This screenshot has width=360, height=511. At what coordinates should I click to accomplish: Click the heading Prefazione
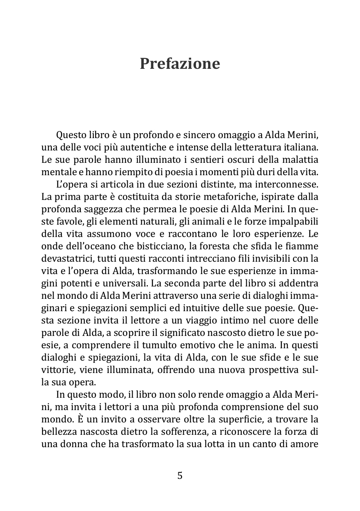point(180,64)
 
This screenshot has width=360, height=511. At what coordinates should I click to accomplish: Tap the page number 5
point(180,476)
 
